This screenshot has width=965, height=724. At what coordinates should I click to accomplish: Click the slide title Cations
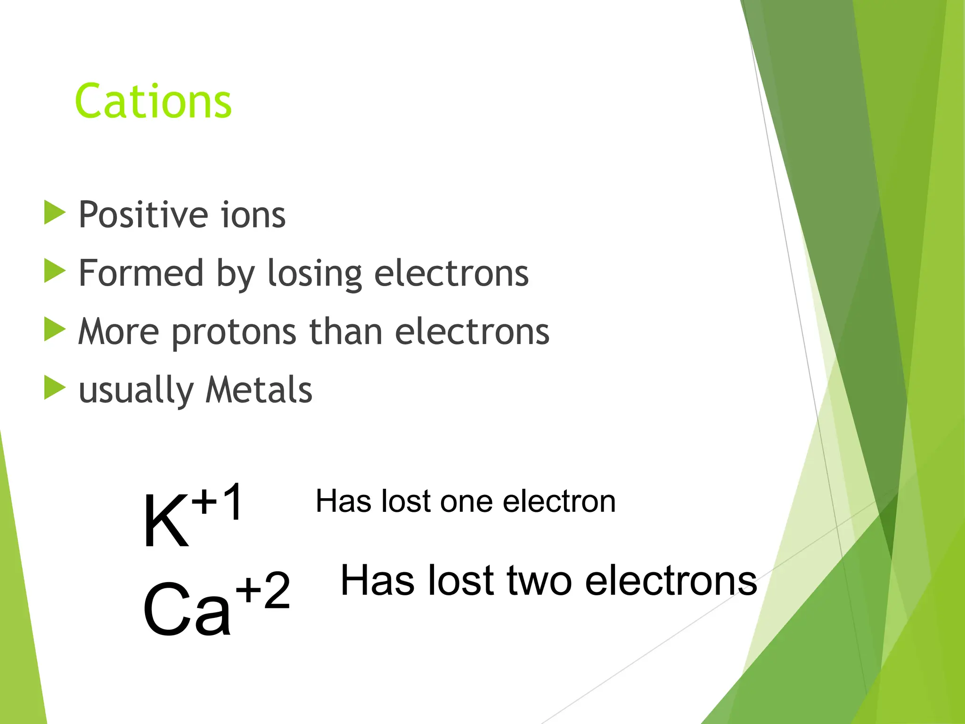pyautogui.click(x=153, y=101)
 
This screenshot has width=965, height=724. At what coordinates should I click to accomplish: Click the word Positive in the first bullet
pyautogui.click(x=142, y=215)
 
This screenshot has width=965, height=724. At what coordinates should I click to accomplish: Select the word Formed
pyautogui.click(x=140, y=273)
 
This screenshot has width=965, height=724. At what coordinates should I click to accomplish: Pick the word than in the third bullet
pyautogui.click(x=345, y=332)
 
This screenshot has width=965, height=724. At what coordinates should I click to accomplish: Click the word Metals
pyautogui.click(x=259, y=390)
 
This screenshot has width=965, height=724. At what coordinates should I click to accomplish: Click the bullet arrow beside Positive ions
pyautogui.click(x=54, y=212)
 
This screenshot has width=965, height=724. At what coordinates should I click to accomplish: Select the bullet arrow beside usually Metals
pyautogui.click(x=54, y=387)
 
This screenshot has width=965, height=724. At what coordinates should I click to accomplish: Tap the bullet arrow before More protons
pyautogui.click(x=54, y=329)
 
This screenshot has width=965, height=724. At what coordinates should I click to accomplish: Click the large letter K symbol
pyautogui.click(x=166, y=521)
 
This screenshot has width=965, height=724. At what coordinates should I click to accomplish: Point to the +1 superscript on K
pyautogui.click(x=218, y=502)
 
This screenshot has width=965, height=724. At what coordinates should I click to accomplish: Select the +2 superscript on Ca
pyautogui.click(x=263, y=590)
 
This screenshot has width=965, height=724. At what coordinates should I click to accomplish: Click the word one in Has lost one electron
pyautogui.click(x=466, y=501)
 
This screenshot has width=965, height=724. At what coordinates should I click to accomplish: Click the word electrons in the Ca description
pyautogui.click(x=671, y=581)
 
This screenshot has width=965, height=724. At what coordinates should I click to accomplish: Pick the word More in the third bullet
pyautogui.click(x=119, y=332)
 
